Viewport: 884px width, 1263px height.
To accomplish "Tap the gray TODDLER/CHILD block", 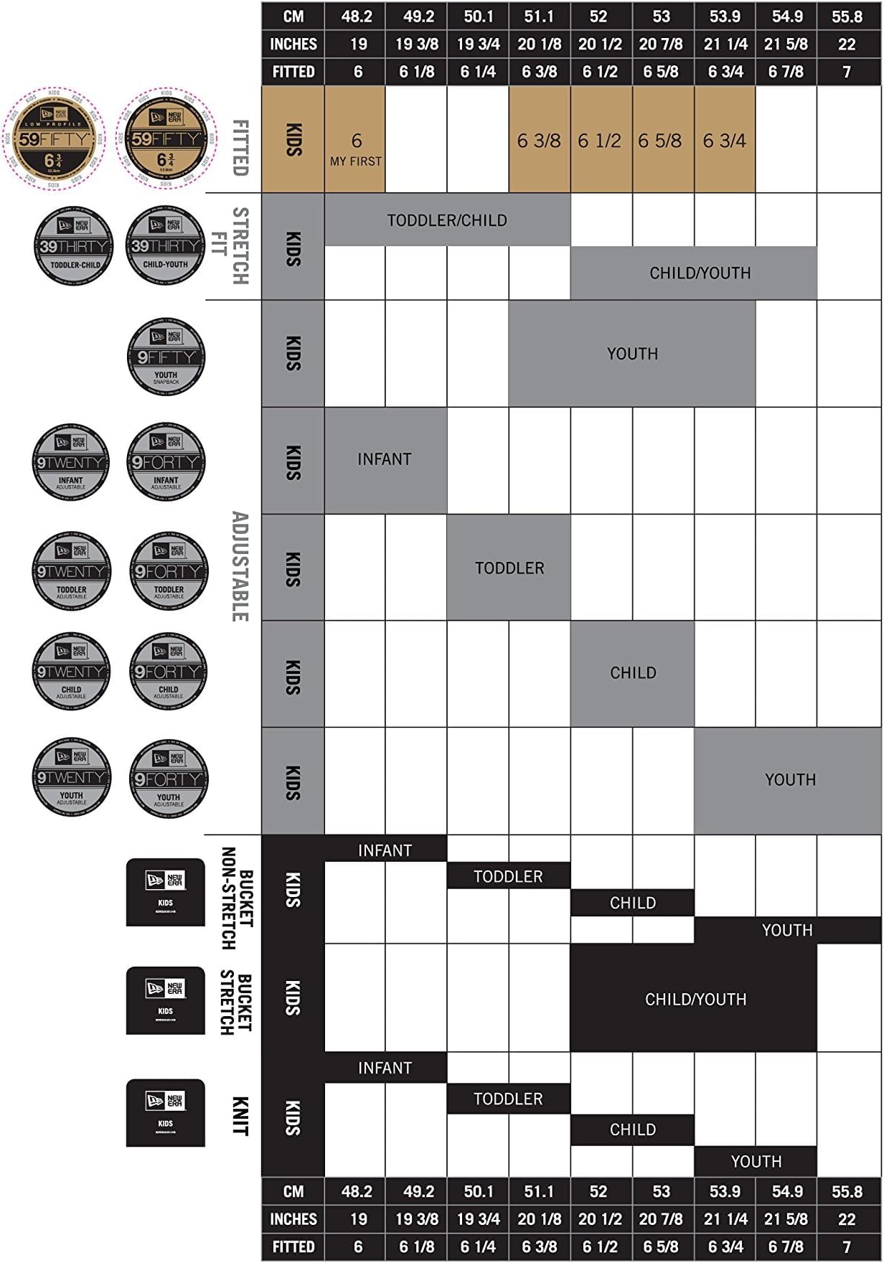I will [447, 220].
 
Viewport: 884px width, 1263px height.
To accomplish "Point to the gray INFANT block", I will [385, 460].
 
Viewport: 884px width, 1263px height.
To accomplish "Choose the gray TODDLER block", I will [509, 568].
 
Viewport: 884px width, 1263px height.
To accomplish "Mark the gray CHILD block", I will [632, 673].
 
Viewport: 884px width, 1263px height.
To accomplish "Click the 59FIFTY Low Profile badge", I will [54, 139].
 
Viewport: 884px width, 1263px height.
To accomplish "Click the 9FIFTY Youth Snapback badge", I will [166, 357].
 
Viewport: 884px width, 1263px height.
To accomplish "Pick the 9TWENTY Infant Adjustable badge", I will [71, 461].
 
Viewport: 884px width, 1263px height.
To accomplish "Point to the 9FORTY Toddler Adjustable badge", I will [169, 571].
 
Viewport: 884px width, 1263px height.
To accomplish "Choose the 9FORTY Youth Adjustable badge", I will [169, 779].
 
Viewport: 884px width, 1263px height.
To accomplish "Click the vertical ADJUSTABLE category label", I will [240, 567].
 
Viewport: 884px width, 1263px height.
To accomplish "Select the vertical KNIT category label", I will [240, 1116].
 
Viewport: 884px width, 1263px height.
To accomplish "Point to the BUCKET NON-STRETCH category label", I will [237, 899].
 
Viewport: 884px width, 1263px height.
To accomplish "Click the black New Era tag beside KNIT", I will [166, 1113].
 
